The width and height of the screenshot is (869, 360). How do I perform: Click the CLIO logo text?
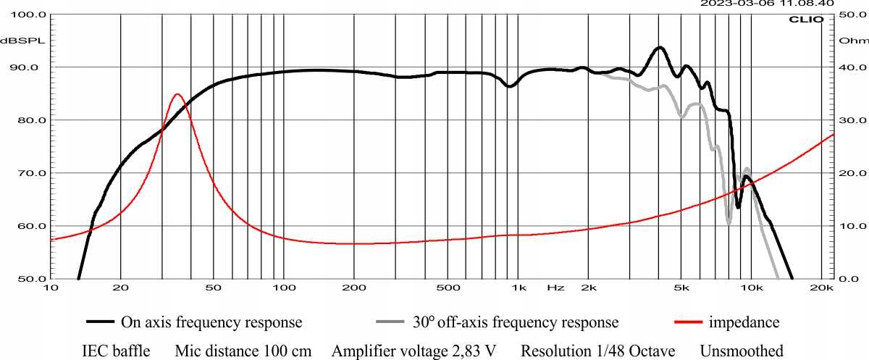pyautogui.click(x=805, y=19)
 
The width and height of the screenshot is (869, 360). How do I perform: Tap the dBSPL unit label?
pyautogui.click(x=22, y=41)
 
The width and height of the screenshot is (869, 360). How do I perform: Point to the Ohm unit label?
pyautogui.click(x=848, y=41)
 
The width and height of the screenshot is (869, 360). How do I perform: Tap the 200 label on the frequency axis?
pyautogui.click(x=353, y=288)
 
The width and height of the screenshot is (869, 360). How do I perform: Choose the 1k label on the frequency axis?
pyautogui.click(x=519, y=288)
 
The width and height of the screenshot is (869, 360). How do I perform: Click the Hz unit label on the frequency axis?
pyautogui.click(x=555, y=288)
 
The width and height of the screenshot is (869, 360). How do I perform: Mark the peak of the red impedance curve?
pyautogui.click(x=177, y=94)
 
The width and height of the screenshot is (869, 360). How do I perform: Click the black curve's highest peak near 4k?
pyautogui.click(x=660, y=48)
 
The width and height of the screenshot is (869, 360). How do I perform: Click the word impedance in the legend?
pyautogui.click(x=744, y=322)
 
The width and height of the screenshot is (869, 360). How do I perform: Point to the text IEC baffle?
pyautogui.click(x=117, y=351)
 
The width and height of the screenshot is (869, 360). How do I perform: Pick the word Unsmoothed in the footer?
pyautogui.click(x=742, y=351)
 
